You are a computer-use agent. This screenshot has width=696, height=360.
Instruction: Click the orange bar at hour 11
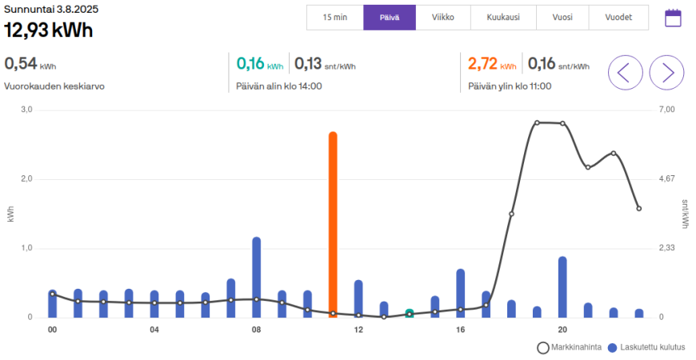coord(333,224)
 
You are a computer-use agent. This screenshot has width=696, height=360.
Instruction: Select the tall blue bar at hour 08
coord(257,277)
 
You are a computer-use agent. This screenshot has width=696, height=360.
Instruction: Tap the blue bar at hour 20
coord(562,286)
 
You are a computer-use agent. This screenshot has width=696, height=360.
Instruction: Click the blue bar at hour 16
coord(461,293)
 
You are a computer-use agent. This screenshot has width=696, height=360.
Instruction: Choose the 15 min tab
coord(334,17)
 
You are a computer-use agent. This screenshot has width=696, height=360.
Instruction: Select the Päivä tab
coord(390,17)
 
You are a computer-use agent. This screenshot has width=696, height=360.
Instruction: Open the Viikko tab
coord(443,17)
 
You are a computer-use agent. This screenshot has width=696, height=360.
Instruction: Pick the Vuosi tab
coord(562,17)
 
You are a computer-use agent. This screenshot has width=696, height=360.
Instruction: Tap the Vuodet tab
coord(618,17)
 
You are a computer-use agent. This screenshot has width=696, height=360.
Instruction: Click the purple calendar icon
coord(673,18)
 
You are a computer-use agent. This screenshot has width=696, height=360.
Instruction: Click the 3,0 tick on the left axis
coord(26,110)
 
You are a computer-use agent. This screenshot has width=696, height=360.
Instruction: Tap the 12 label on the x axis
coord(358,330)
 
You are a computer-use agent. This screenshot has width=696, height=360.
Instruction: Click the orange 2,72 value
coord(482,63)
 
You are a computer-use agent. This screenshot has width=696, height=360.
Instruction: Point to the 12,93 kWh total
coord(48,30)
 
